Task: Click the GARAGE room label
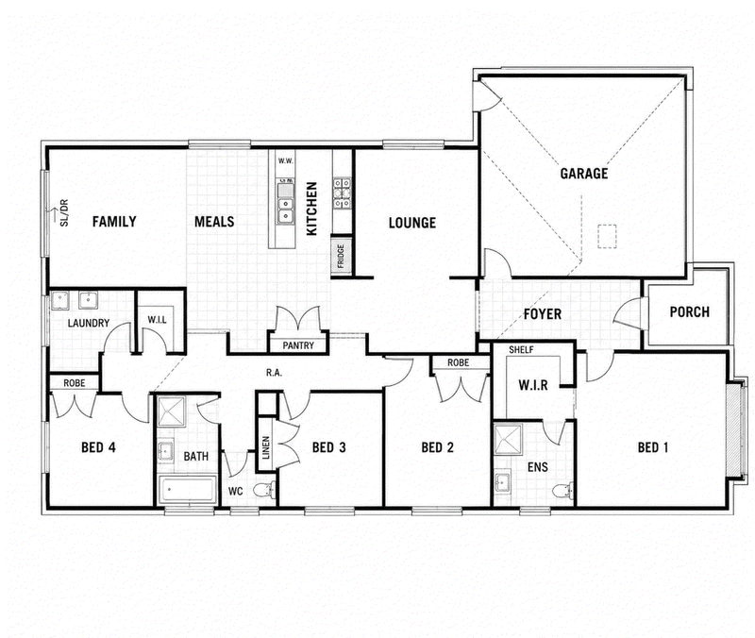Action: pyautogui.click(x=583, y=174)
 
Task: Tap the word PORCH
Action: pyautogui.click(x=690, y=312)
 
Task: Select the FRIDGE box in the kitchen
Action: pyautogui.click(x=341, y=257)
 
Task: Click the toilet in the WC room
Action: pyautogui.click(x=265, y=490)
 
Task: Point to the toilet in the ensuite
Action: pyautogui.click(x=562, y=491)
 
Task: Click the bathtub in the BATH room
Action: pyautogui.click(x=187, y=490)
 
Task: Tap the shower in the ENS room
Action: pyautogui.click(x=509, y=439)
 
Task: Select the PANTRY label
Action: pyautogui.click(x=298, y=345)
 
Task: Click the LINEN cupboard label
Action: pyautogui.click(x=266, y=447)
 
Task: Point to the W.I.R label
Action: pyautogui.click(x=533, y=385)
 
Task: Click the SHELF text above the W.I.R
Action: pyautogui.click(x=521, y=350)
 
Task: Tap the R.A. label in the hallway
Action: pyautogui.click(x=274, y=373)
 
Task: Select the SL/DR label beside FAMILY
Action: pyautogui.click(x=63, y=212)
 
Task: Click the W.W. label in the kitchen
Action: pyautogui.click(x=286, y=160)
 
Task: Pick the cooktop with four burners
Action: pyautogui.click(x=342, y=193)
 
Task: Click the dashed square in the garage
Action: pyautogui.click(x=607, y=237)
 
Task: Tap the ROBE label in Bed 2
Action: pyautogui.click(x=458, y=362)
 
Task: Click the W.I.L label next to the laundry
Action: pyautogui.click(x=157, y=319)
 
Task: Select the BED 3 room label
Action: pyautogui.click(x=328, y=447)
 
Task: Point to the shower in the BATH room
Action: pyautogui.click(x=172, y=411)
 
